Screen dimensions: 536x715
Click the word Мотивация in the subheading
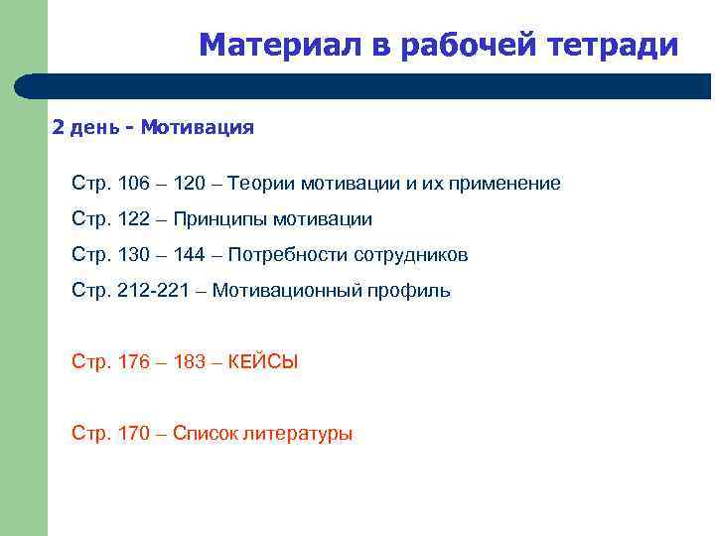coord(198,127)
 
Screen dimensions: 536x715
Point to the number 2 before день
coord(58,127)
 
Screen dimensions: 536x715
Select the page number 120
coord(189,184)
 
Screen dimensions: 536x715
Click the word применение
coord(500,184)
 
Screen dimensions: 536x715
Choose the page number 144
coord(189,255)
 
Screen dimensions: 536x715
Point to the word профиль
coord(410,291)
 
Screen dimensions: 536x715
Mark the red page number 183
coord(189,362)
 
